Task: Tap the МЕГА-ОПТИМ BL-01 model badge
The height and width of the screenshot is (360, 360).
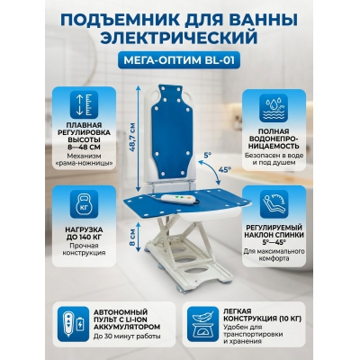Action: tap(179, 62)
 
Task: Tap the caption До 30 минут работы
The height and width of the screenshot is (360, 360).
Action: tap(122, 337)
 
